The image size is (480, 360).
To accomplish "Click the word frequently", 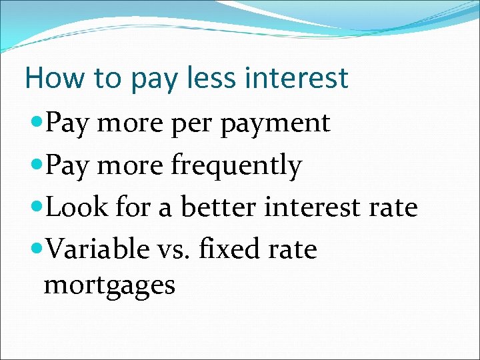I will pos(237,166).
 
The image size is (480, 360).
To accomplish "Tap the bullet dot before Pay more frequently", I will pos(37,165).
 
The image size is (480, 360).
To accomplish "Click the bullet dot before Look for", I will pos(37,207).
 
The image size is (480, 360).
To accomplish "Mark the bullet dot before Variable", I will pos(37,249).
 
